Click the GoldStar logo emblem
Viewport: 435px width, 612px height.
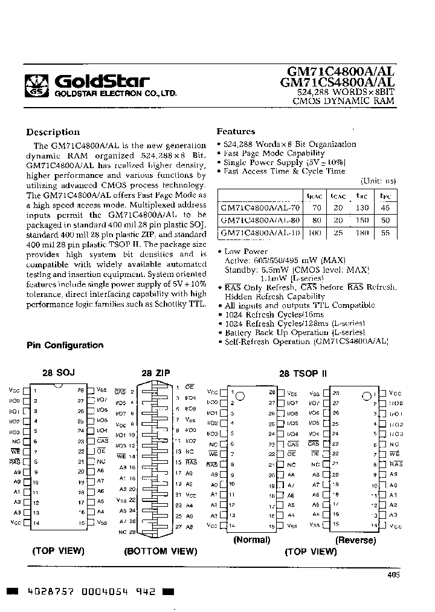click(x=38, y=84)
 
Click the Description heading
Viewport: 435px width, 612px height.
click(x=53, y=132)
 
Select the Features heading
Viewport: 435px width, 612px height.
click(x=236, y=131)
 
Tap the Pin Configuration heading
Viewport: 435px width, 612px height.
click(x=65, y=345)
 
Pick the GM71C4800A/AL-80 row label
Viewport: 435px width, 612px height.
click(x=260, y=220)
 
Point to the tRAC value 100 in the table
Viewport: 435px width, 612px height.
click(x=314, y=233)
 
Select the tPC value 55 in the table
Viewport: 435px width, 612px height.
click(x=385, y=233)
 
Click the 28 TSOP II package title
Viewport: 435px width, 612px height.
click(x=303, y=374)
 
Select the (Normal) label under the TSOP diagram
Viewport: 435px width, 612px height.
click(x=251, y=540)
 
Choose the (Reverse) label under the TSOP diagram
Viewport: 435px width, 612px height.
click(x=355, y=540)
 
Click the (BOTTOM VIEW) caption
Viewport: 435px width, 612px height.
click(x=160, y=552)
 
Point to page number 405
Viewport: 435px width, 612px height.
click(x=393, y=575)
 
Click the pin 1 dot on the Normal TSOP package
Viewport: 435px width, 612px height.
click(x=240, y=397)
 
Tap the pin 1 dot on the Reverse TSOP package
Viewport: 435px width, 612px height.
click(x=366, y=397)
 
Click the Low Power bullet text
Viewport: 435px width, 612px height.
click(x=246, y=251)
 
